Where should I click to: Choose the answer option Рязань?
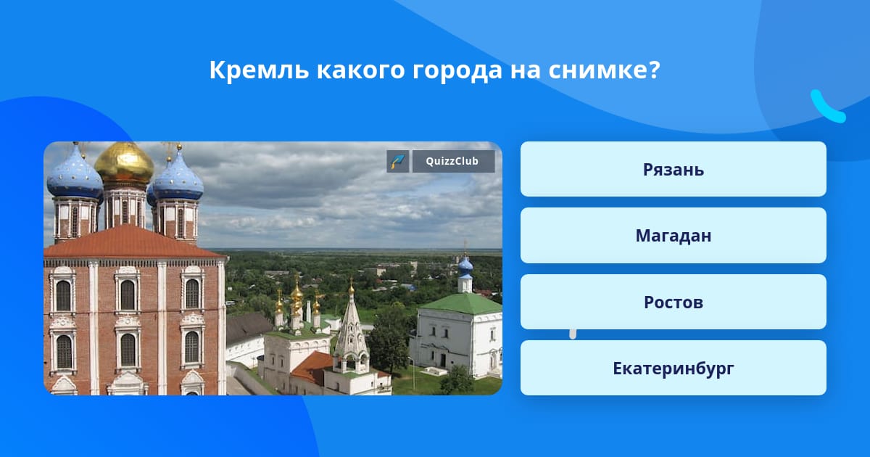(673, 169)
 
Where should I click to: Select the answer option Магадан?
(673, 236)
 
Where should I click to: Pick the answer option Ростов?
(673, 302)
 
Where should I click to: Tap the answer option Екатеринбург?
(673, 368)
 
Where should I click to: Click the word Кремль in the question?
(259, 70)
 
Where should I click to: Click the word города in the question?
(457, 71)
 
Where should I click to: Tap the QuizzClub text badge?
(453, 161)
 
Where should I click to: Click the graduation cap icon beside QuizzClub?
(398, 161)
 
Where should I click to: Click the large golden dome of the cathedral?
(124, 162)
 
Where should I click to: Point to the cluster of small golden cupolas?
(297, 298)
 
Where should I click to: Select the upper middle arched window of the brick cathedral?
(127, 295)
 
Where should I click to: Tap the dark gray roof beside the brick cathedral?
(247, 327)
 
